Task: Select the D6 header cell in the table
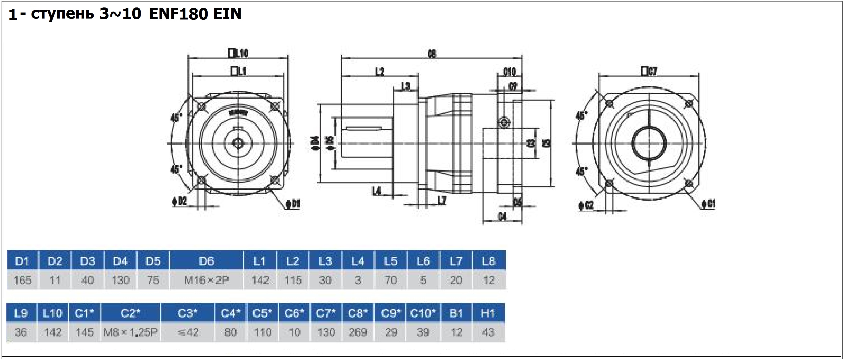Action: click(x=206, y=261)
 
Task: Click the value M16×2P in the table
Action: click(x=206, y=280)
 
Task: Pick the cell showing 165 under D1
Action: click(x=22, y=280)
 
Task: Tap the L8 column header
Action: click(x=488, y=261)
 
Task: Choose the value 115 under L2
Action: click(x=293, y=280)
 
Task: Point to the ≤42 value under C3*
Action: click(x=188, y=332)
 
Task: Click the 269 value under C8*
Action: click(x=358, y=332)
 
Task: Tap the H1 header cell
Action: click(x=488, y=313)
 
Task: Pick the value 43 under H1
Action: click(x=488, y=332)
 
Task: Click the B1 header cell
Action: click(x=456, y=313)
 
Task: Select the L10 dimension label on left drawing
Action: click(x=238, y=53)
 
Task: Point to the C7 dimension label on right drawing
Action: click(x=649, y=71)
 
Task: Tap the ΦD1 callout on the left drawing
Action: click(x=293, y=204)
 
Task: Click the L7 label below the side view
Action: click(x=442, y=200)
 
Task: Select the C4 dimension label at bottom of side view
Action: click(x=502, y=216)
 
